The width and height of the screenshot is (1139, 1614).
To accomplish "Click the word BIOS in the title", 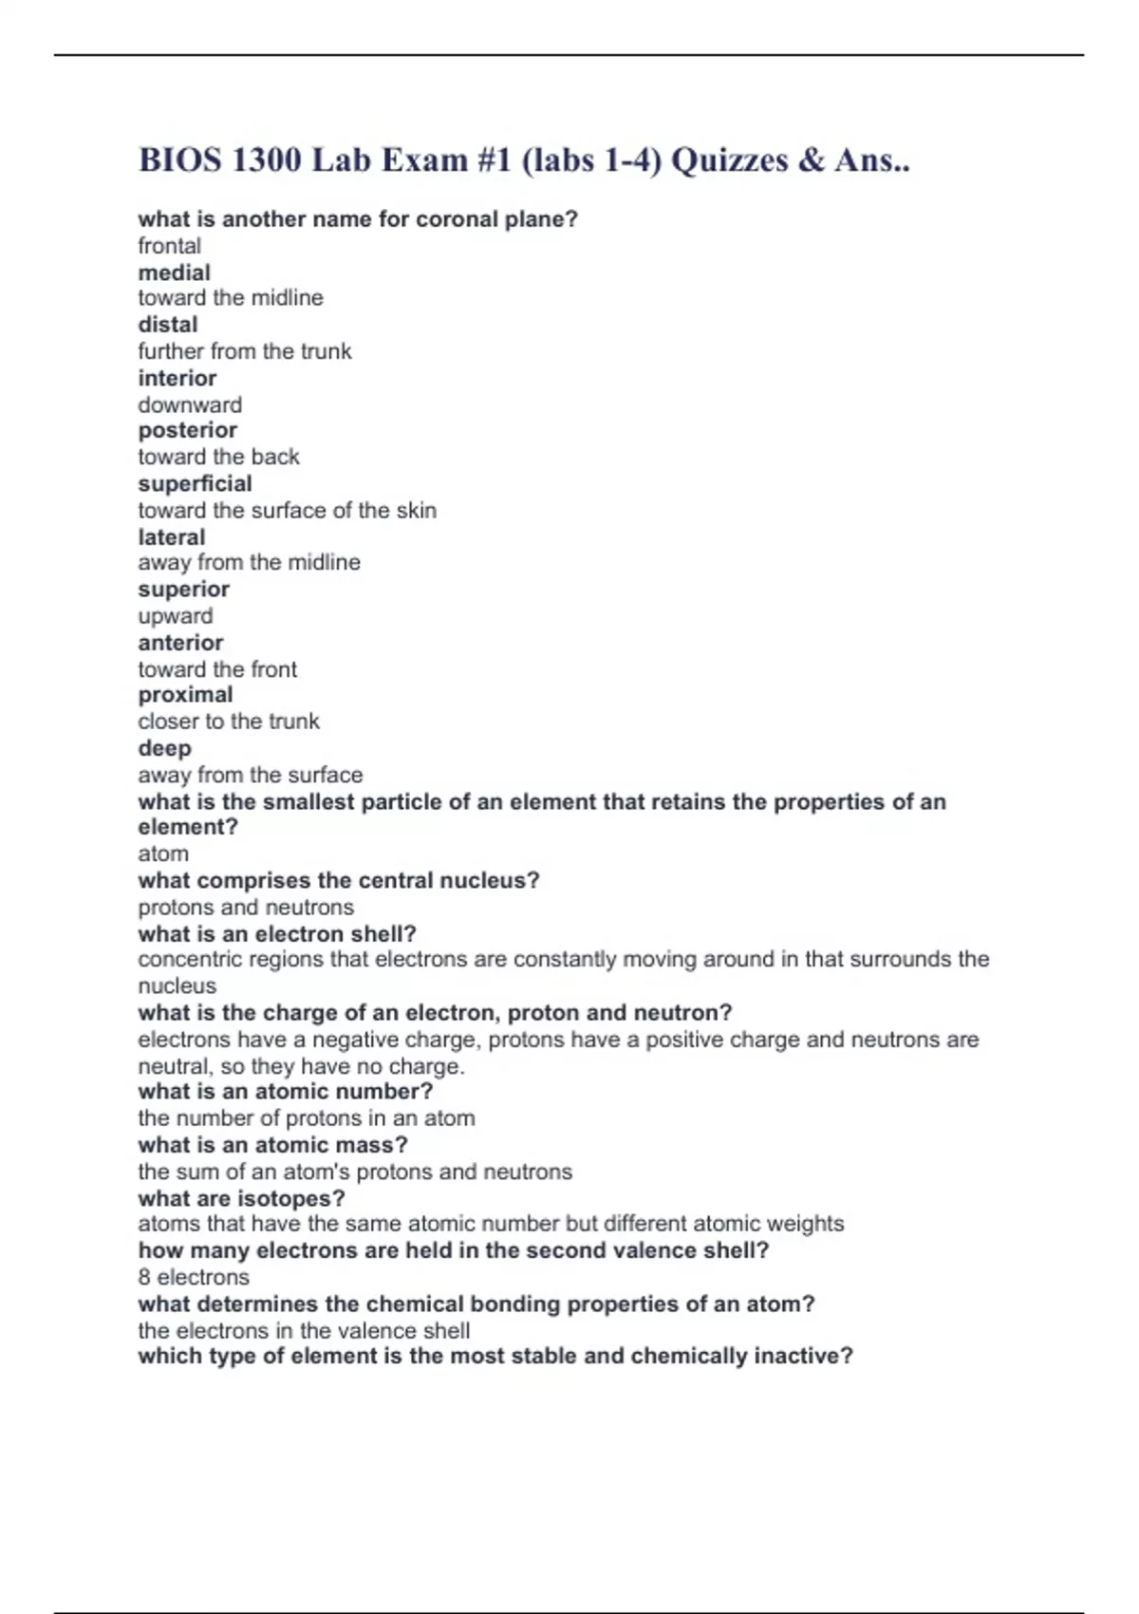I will tap(179, 160).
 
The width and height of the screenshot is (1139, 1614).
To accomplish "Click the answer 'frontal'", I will tap(169, 246).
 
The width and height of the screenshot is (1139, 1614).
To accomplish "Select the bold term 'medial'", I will tap(174, 272).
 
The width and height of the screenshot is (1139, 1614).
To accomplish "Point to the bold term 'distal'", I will tap(168, 325).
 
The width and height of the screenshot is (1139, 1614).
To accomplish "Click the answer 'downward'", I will tap(190, 404).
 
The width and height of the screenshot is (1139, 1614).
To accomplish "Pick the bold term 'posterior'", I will tap(187, 430).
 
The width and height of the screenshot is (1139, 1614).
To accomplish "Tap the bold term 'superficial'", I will tap(195, 483).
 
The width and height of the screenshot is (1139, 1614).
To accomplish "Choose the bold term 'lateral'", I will tap(171, 536).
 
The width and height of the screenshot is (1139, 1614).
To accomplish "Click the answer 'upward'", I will tap(175, 615).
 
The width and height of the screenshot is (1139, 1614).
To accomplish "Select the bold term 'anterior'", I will tap(180, 642).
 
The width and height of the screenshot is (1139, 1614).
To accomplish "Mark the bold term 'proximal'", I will tap(185, 694).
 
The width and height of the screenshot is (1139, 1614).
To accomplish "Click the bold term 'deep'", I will tap(164, 748).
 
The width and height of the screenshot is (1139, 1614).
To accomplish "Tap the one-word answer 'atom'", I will tap(163, 854).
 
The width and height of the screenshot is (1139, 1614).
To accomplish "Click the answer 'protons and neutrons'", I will tap(246, 907).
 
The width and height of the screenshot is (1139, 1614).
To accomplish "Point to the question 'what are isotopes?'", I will tap(241, 1198).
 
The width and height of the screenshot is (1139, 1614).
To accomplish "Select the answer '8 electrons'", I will tap(194, 1277).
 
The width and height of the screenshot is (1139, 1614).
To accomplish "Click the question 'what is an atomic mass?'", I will tap(272, 1145).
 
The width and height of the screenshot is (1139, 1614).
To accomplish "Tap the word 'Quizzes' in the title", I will tap(729, 160).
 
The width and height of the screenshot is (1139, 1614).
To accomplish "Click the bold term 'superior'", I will tap(183, 589).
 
